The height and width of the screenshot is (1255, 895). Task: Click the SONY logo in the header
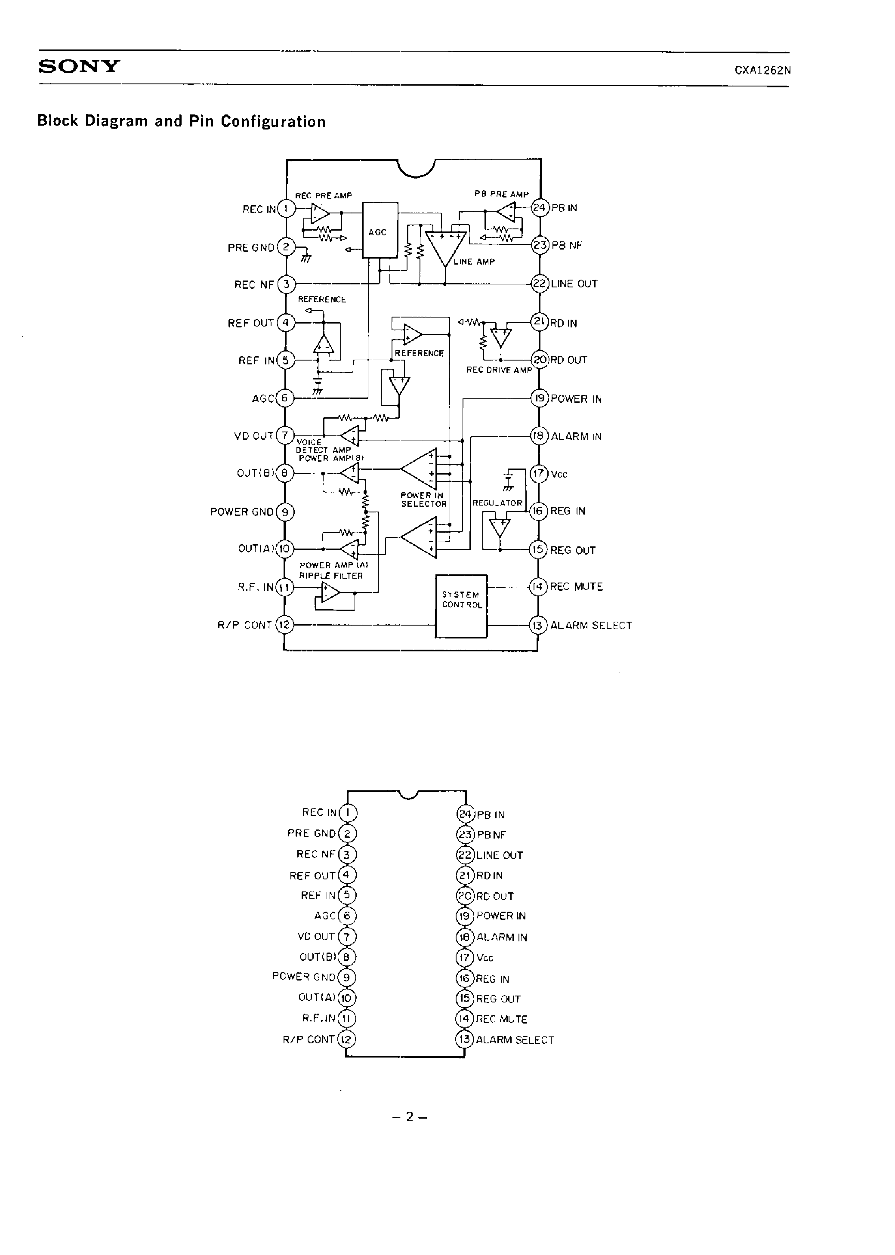point(79,67)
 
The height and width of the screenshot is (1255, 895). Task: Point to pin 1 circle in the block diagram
point(285,209)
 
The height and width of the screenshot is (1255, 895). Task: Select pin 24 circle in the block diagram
point(540,208)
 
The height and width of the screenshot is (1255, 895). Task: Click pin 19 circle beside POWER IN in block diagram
point(539,398)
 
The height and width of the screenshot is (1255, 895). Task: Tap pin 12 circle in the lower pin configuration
point(346,1039)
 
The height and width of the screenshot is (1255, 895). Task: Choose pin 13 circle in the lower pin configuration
point(465,1039)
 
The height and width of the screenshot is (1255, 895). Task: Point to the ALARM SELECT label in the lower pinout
point(515,1040)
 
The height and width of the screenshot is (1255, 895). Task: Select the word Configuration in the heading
point(273,121)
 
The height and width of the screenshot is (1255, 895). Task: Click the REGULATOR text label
point(497,503)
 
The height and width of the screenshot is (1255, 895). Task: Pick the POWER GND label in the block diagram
point(241,512)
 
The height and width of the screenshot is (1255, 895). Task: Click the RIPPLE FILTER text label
point(330,576)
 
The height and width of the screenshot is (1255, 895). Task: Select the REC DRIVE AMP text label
point(499,370)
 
